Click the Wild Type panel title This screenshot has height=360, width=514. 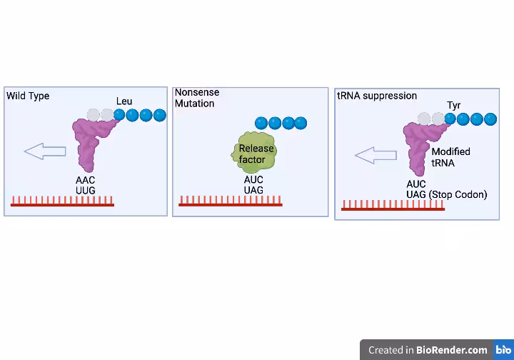28,96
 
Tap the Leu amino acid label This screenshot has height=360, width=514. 124,101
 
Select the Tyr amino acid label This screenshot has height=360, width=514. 454,106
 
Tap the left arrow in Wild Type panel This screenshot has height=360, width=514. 44,151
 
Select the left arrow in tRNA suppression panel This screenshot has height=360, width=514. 376,155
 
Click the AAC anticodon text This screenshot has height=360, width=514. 86,180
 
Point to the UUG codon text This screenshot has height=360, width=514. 86,191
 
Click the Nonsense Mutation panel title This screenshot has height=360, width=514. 197,98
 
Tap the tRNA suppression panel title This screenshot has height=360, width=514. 377,96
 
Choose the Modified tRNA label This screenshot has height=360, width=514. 450,157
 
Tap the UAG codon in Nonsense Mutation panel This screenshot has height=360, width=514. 253,191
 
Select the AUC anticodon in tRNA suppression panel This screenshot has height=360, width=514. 416,184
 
